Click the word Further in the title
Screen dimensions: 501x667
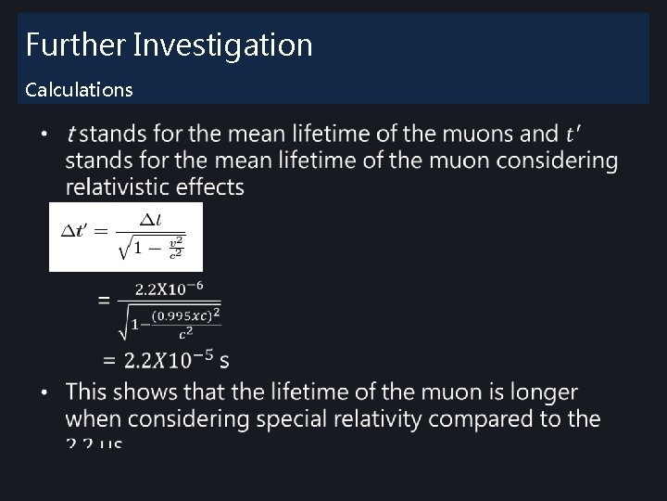pyautogui.click(x=75, y=45)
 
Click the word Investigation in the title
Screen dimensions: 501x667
pyautogui.click(x=223, y=45)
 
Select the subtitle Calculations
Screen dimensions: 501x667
pyautogui.click(x=79, y=90)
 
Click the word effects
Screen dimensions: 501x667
pyautogui.click(x=210, y=187)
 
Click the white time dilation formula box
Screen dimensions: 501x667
pyautogui.click(x=125, y=237)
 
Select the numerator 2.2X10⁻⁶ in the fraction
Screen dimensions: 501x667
pyautogui.click(x=175, y=289)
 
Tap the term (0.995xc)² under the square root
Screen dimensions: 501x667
pyautogui.click(x=185, y=316)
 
